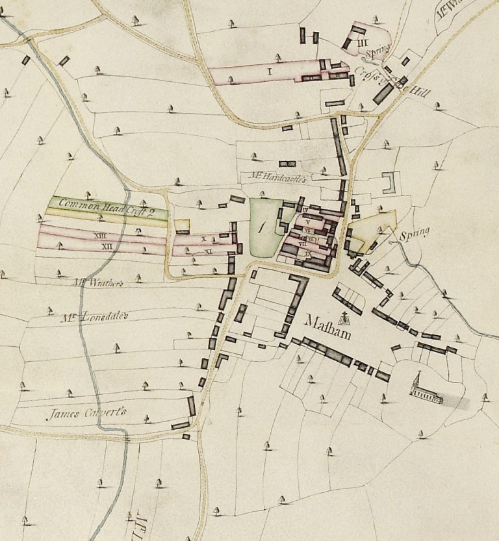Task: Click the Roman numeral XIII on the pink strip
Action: pos(100,236)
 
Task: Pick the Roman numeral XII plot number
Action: pos(110,246)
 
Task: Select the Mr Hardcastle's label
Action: pos(276,176)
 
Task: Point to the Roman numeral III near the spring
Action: pos(363,43)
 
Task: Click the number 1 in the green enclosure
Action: pos(263,227)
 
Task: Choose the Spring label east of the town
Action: pos(415,234)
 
